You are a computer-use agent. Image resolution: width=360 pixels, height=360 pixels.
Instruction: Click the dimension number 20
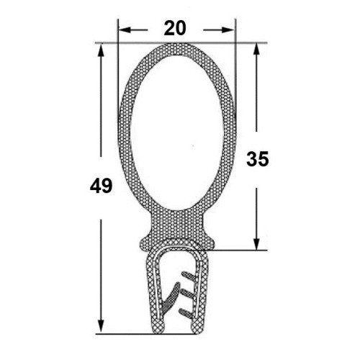[x=175, y=28]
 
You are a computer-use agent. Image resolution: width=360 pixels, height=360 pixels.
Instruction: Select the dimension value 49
[x=101, y=186]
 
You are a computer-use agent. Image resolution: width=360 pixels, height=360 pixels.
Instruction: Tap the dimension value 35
[x=258, y=159]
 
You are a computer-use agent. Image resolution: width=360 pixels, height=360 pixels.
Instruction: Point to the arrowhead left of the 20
[x=125, y=30]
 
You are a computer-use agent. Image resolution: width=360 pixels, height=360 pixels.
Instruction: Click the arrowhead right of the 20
[x=228, y=30]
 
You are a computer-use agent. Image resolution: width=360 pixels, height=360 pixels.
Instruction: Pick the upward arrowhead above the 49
[x=101, y=50]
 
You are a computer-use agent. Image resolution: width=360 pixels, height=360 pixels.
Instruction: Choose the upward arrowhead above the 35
[x=256, y=50]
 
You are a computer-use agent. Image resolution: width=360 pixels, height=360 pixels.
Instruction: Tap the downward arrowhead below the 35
[x=256, y=243]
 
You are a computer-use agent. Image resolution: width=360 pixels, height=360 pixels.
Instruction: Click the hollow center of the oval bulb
[x=177, y=133]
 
